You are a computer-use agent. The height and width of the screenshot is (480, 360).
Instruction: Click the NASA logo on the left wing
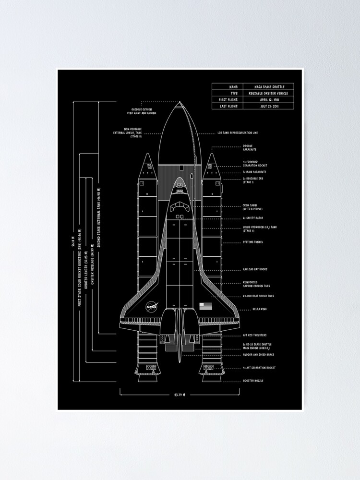pos(151,306)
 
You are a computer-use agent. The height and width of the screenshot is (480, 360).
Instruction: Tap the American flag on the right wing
pos(205,306)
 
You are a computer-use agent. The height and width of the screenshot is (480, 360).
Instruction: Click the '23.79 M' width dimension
pos(180,395)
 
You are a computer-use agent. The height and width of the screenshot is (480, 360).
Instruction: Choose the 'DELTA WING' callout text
pos(260,310)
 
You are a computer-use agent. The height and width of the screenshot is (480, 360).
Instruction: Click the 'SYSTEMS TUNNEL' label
pos(253,242)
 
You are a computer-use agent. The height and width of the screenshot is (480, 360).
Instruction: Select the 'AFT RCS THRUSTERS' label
pos(255,335)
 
